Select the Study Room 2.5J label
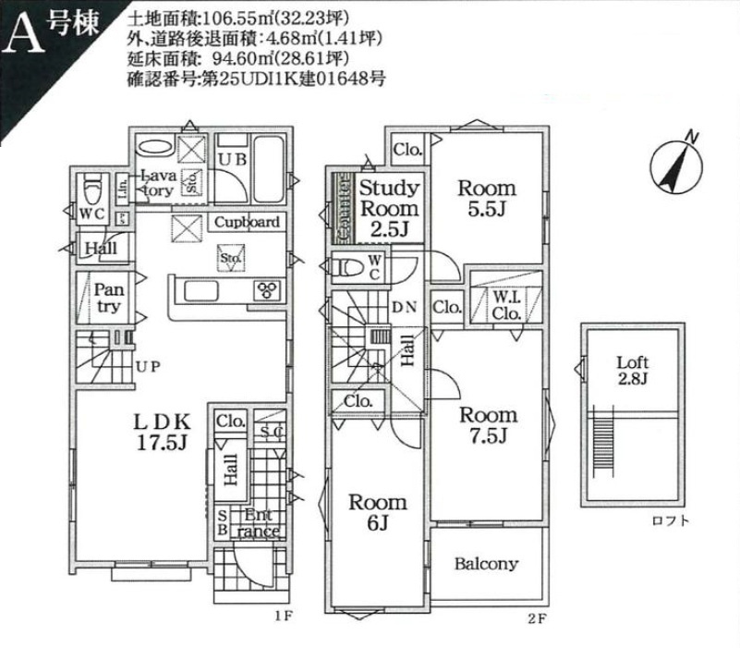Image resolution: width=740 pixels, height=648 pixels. [389, 209]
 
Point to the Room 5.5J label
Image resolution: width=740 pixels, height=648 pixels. [487, 198]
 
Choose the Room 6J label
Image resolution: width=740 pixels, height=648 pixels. [377, 513]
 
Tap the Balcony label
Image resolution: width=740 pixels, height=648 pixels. [487, 564]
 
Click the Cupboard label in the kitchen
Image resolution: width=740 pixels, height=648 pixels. [247, 223]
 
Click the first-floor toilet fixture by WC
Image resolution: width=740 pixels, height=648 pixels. [91, 190]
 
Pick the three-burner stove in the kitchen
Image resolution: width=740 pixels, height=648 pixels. [268, 291]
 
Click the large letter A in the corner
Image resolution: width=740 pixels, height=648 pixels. [25, 37]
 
